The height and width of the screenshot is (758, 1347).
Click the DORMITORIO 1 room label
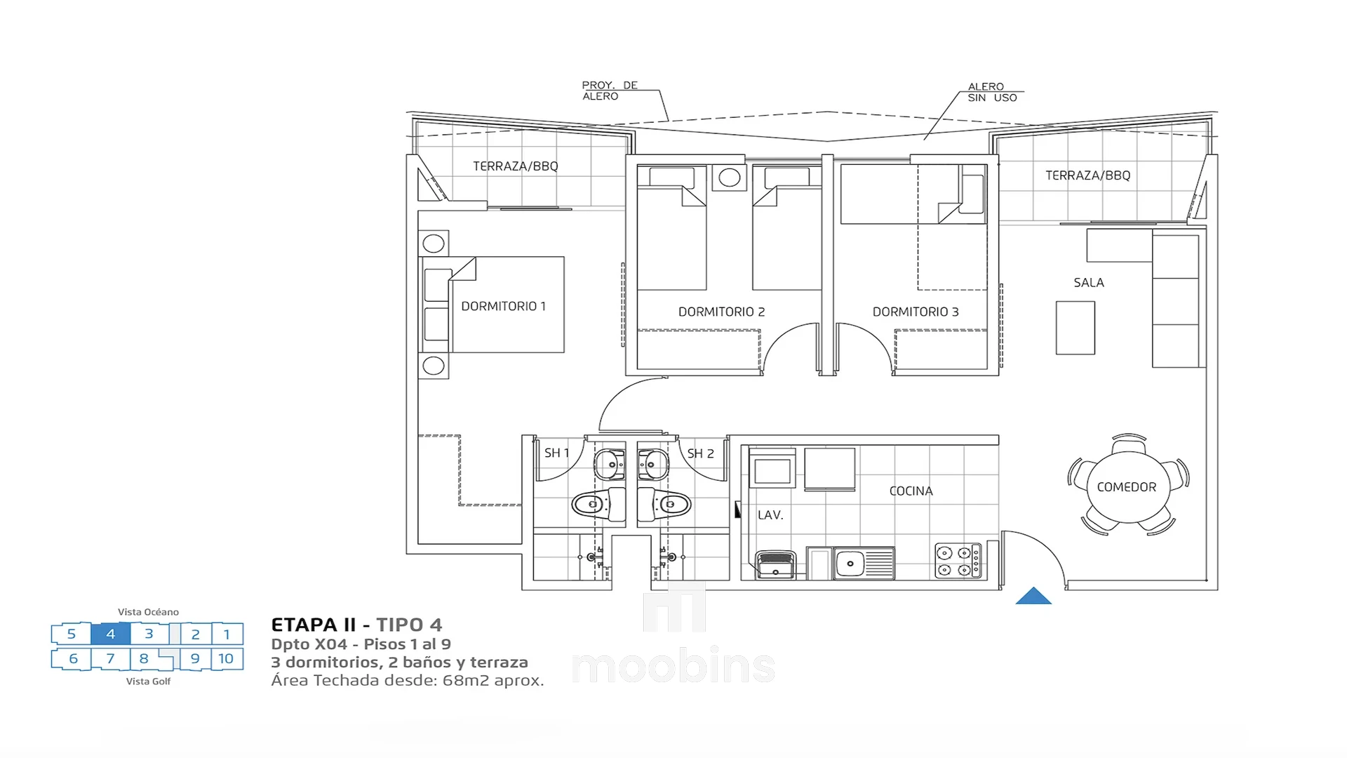click(x=503, y=306)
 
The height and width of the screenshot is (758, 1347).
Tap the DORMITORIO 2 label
click(x=721, y=312)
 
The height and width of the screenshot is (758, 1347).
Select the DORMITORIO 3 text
click(x=916, y=312)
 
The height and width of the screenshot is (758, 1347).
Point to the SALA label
click(x=1089, y=283)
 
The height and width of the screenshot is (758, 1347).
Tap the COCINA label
click(x=911, y=491)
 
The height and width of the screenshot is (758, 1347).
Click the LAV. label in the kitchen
click(x=770, y=515)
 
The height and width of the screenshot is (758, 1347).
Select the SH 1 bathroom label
click(x=556, y=453)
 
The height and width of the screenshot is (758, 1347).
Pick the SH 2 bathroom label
click(x=700, y=453)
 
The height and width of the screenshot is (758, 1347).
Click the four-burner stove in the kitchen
click(x=958, y=561)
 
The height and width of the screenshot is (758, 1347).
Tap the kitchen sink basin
click(x=850, y=564)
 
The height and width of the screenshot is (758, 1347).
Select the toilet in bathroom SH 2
click(x=664, y=504)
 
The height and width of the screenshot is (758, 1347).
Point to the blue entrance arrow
click(x=1033, y=597)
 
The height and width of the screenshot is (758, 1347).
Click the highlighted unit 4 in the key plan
click(x=110, y=634)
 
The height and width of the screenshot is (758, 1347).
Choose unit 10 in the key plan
click(x=226, y=658)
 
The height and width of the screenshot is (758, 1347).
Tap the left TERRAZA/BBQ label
click(x=516, y=166)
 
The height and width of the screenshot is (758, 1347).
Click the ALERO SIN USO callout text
click(x=992, y=92)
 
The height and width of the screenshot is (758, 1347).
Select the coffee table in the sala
click(x=1075, y=328)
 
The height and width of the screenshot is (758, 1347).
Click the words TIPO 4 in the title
click(x=409, y=625)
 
